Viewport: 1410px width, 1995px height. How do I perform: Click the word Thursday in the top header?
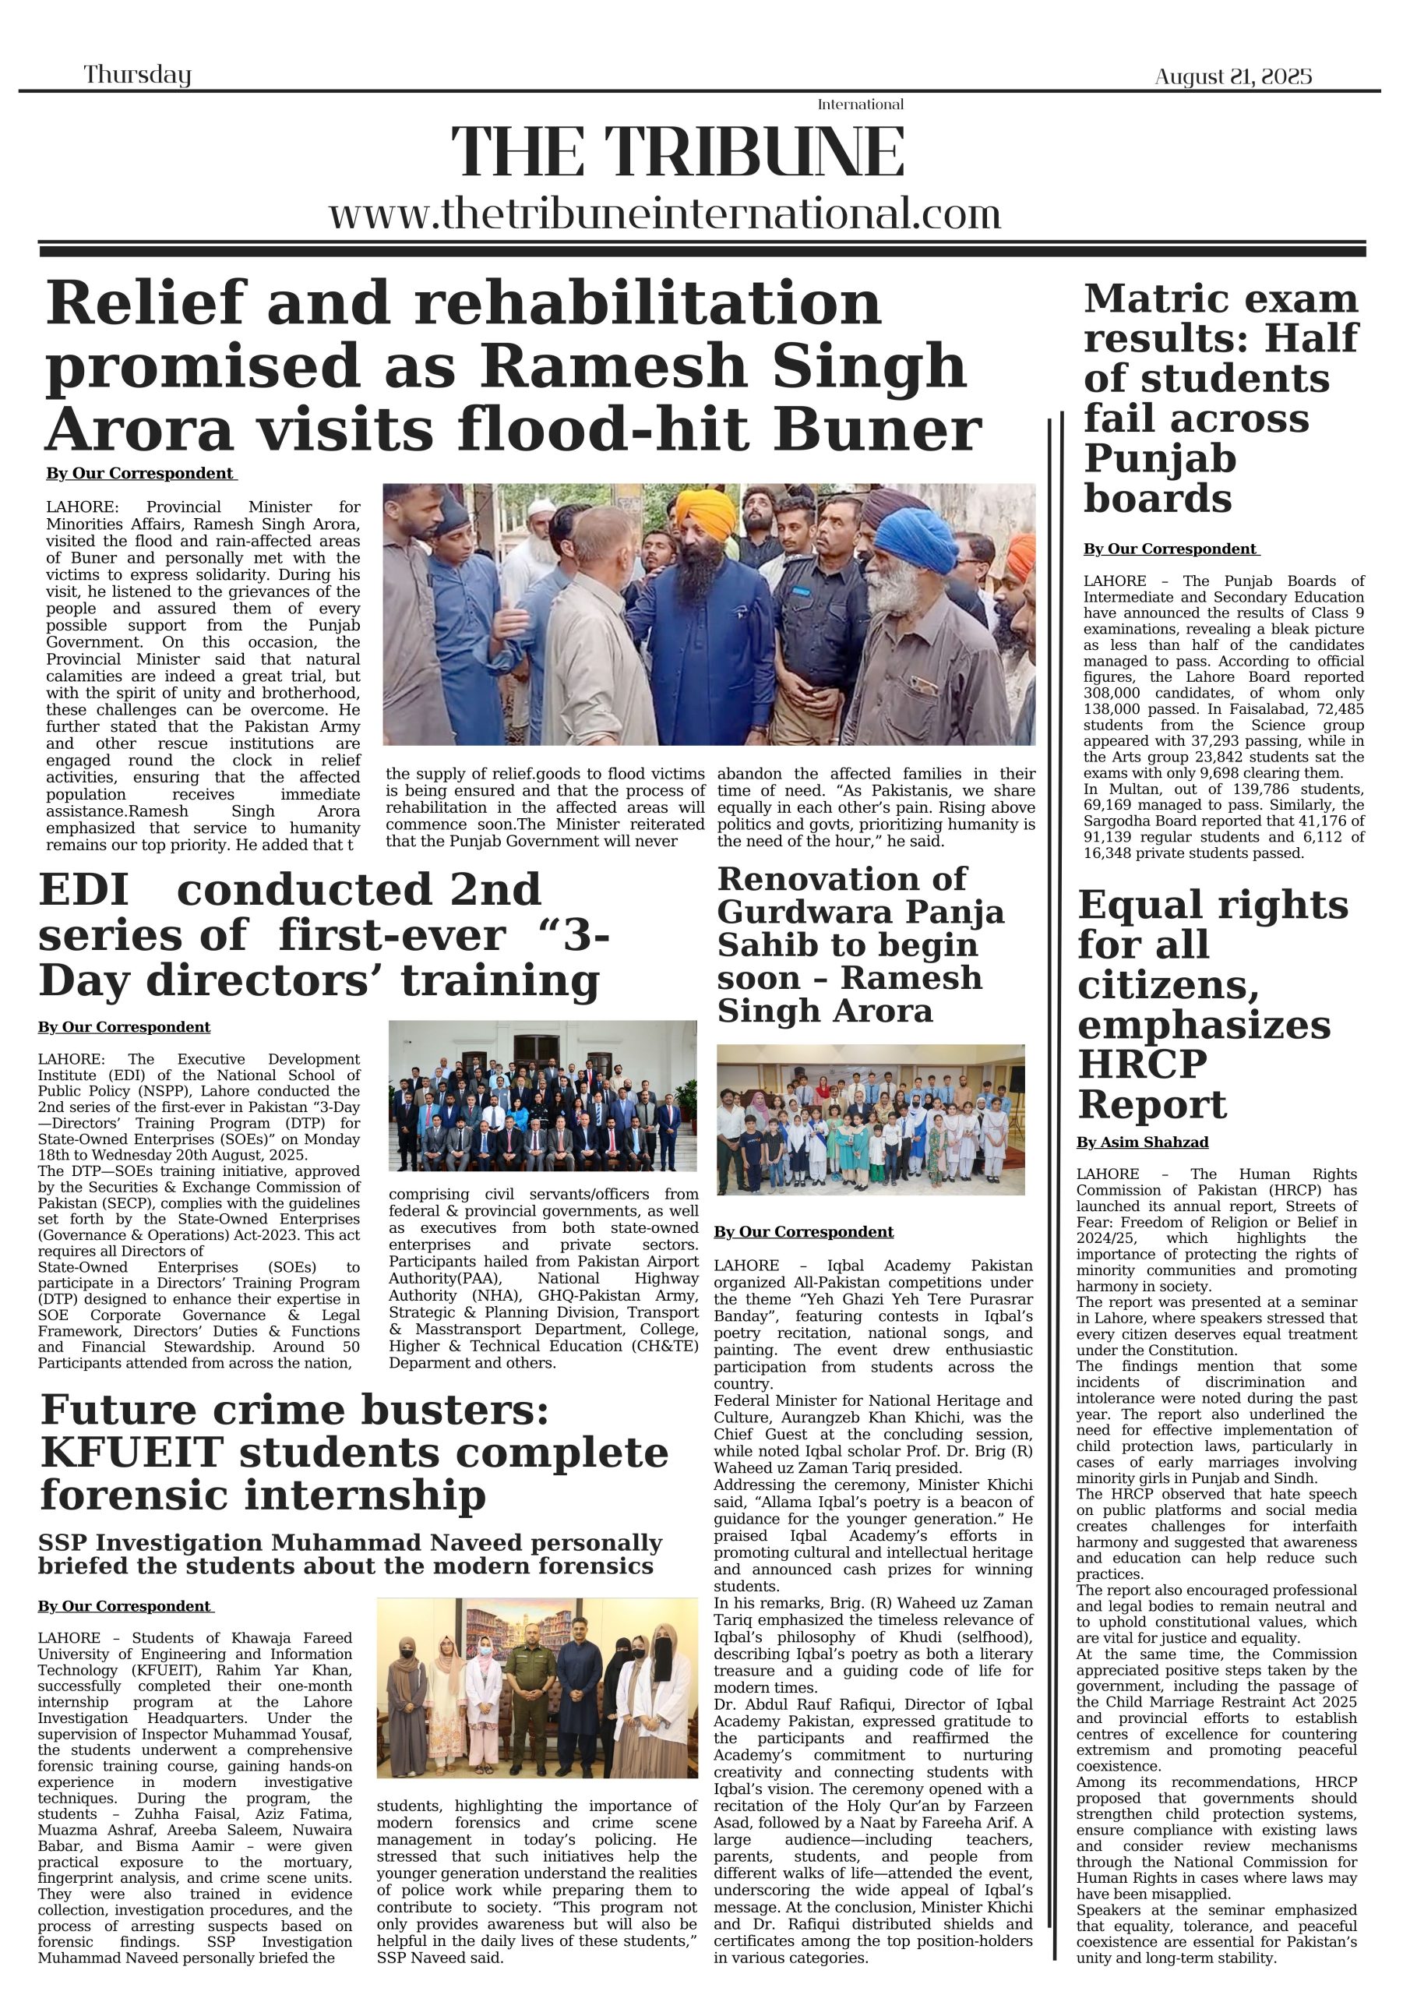(137, 75)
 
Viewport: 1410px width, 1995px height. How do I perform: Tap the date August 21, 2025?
(1232, 76)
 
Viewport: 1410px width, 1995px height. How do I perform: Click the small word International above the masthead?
(860, 104)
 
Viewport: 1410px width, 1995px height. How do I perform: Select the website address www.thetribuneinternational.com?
(664, 214)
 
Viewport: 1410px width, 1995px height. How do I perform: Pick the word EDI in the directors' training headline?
(83, 891)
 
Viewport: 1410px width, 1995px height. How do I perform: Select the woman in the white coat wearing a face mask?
(482, 1686)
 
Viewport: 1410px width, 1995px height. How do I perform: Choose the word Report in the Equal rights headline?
(1152, 1104)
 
